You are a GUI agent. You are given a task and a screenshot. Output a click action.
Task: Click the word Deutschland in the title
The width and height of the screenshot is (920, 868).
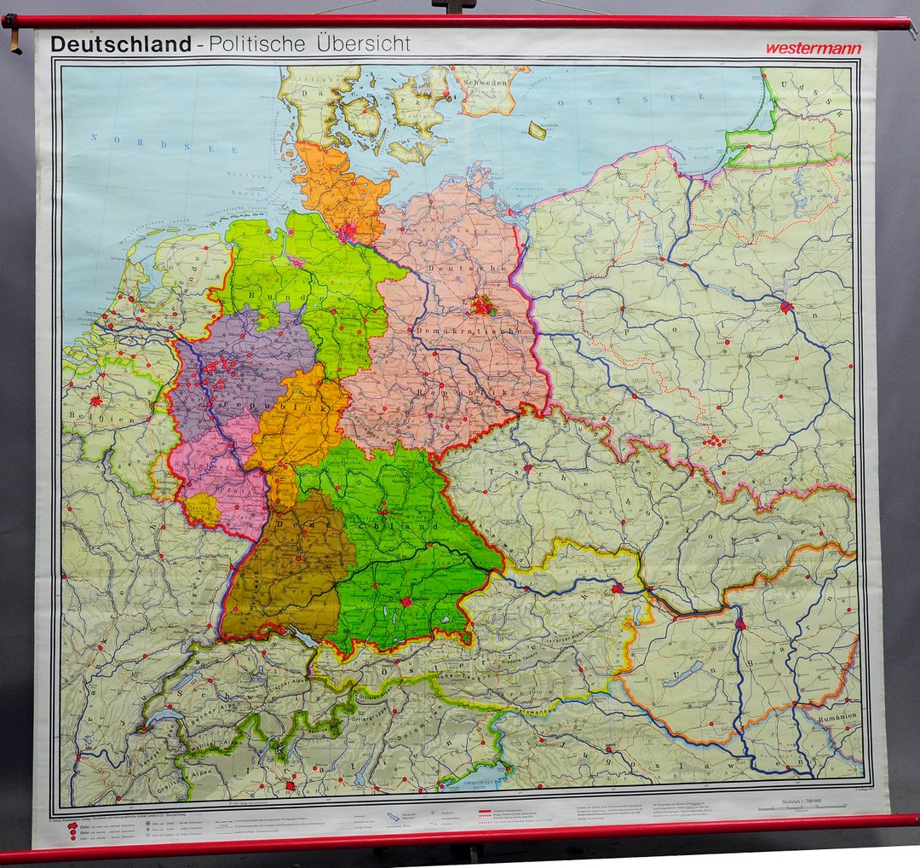pos(120,44)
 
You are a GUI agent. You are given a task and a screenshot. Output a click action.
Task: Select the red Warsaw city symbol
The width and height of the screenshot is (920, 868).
pos(785,305)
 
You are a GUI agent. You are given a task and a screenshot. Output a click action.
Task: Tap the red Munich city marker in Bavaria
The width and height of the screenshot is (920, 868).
pos(407,601)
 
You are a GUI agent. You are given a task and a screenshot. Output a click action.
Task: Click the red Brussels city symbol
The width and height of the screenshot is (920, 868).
pos(95,400)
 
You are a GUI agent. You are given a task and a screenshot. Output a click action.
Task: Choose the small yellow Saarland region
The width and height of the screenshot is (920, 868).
pos(203,509)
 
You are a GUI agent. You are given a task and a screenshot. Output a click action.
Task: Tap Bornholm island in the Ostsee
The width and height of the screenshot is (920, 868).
pos(537,130)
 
